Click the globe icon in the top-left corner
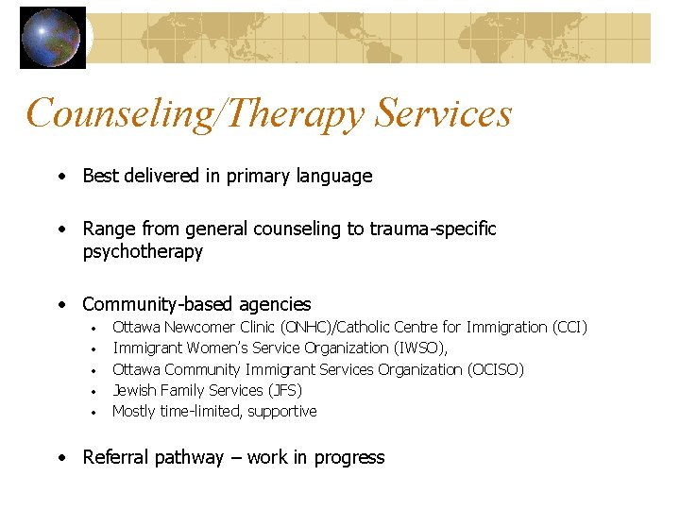53,38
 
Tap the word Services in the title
443,113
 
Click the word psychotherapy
143,251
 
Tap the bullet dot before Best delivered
60,177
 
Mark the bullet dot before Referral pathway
60,458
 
